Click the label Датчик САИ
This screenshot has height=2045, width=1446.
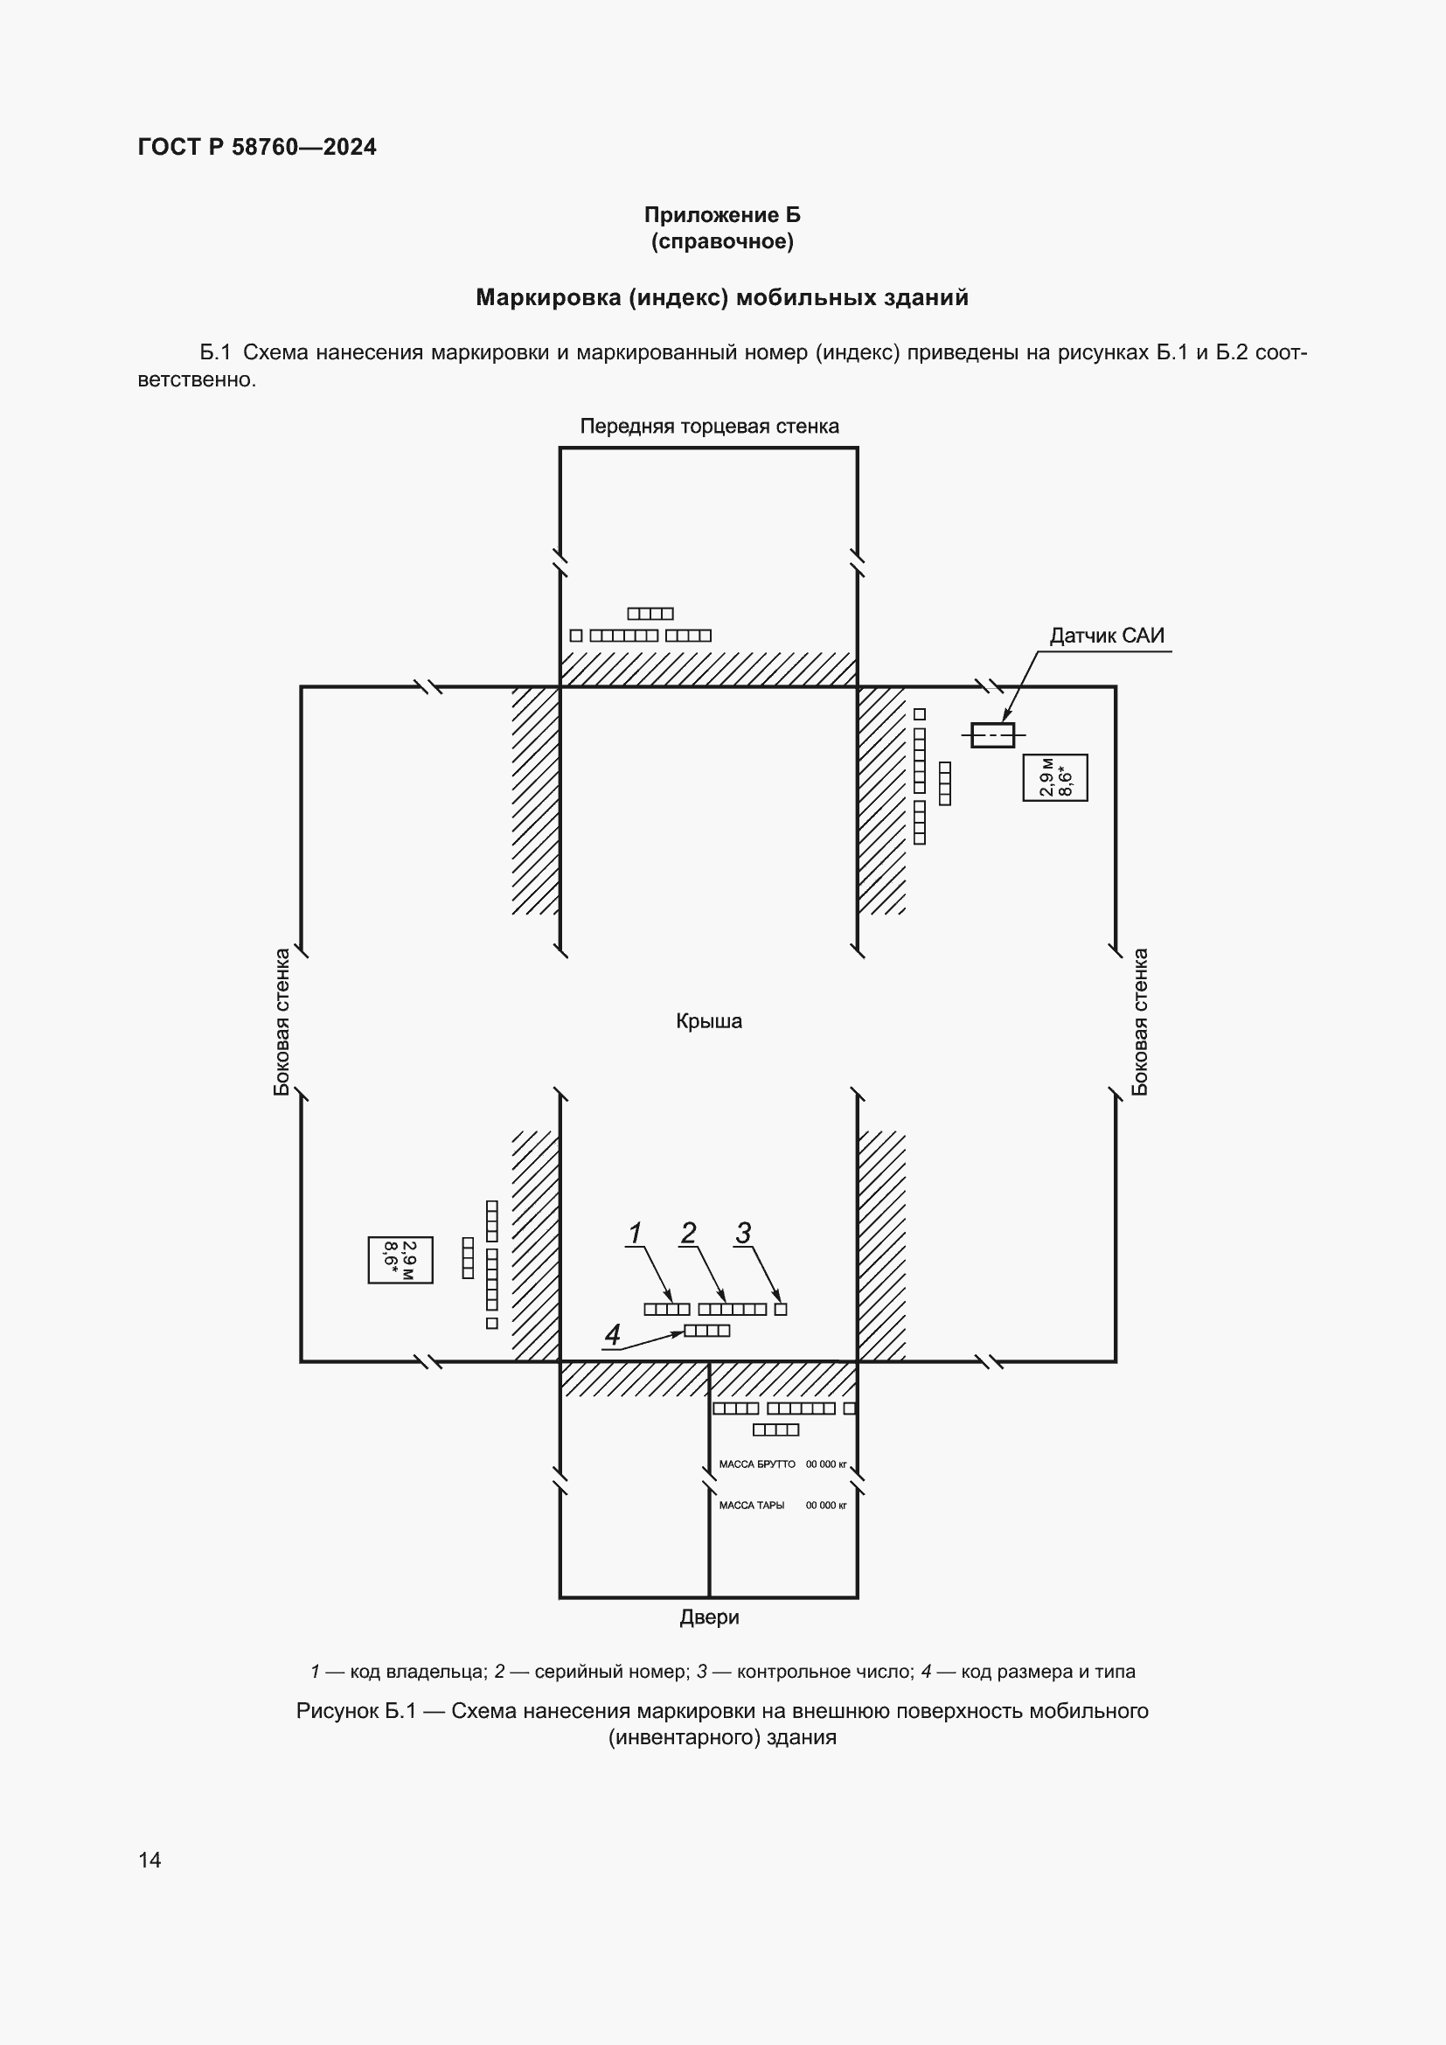(1106, 636)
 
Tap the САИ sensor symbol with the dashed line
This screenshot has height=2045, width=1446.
(992, 734)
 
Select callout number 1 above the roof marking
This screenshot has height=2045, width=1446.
(635, 1234)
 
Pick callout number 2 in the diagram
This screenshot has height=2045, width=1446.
(688, 1234)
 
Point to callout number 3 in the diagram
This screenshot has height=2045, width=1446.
(743, 1234)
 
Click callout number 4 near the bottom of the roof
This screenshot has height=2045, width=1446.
(613, 1334)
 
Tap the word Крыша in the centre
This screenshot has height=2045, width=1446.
(709, 1021)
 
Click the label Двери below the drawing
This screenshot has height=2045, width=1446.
(709, 1617)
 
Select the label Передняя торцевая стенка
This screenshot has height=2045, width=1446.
(709, 427)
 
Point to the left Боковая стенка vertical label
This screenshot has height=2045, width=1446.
(282, 1021)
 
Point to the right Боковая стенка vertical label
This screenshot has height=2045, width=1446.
(1140, 1021)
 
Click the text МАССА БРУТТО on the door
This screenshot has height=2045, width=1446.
(757, 1464)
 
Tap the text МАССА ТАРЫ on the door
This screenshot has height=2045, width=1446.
(752, 1506)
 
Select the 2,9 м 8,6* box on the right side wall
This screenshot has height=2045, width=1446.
(1055, 777)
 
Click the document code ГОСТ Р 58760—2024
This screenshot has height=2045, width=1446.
(257, 147)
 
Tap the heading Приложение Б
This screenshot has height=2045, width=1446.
(722, 215)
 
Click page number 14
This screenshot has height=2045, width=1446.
(149, 1859)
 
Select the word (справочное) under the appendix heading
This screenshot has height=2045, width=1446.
(722, 241)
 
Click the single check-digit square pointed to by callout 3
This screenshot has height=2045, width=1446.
(781, 1310)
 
